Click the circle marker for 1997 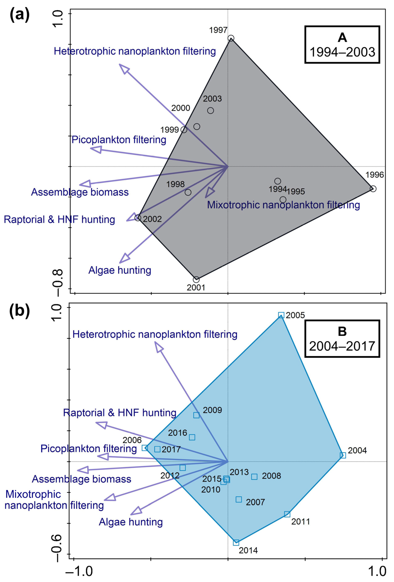(x=231, y=38)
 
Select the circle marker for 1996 (x=373, y=189)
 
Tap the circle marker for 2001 (x=196, y=279)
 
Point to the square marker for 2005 (x=281, y=315)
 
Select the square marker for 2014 (x=236, y=542)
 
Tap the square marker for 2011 (x=287, y=514)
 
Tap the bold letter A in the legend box (x=342, y=38)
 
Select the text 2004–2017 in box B (x=342, y=346)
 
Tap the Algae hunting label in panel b (x=131, y=522)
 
